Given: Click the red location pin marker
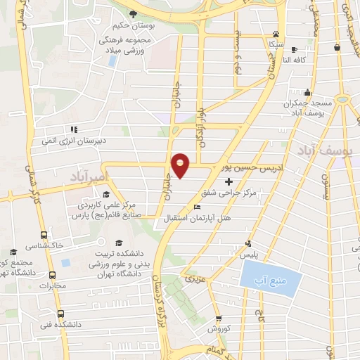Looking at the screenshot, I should point(181,164).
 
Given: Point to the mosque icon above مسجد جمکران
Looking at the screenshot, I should point(307,92).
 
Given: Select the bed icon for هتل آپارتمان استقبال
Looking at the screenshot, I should point(197,207).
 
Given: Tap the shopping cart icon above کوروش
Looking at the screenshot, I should point(218,317).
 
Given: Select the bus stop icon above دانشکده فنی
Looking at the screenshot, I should point(60,314).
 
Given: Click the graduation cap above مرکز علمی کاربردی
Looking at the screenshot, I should point(105,195).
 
